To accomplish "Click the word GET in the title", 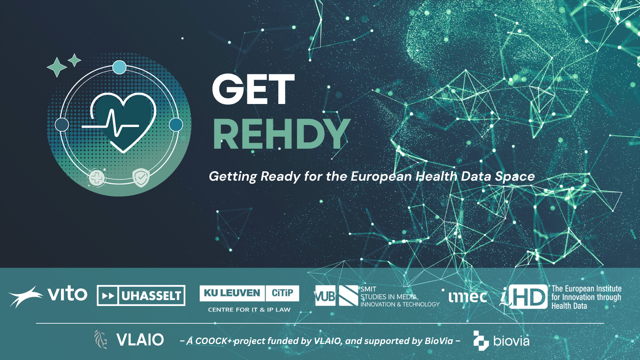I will pyautogui.click(x=253, y=89).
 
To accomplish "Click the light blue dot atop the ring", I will pyautogui.click(x=119, y=67).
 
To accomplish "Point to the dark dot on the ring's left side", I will pyautogui.click(x=62, y=125).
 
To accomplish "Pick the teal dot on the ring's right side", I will pyautogui.click(x=176, y=125).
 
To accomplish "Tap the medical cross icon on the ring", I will pyautogui.click(x=97, y=178).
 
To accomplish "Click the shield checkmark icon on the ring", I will pyautogui.click(x=141, y=177).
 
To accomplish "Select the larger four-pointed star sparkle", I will pyautogui.click(x=57, y=67).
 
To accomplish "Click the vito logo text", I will pyautogui.click(x=67, y=294).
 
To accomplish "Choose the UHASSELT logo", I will pyautogui.click(x=141, y=296).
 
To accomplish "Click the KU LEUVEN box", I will pyautogui.click(x=232, y=293).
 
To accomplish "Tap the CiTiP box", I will pyautogui.click(x=282, y=293).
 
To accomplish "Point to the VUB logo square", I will pyautogui.click(x=325, y=296).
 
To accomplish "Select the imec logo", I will pyautogui.click(x=467, y=297).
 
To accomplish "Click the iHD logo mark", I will pyautogui.click(x=524, y=297).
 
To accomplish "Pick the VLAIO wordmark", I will pyautogui.click(x=140, y=340).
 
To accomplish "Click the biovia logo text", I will pyautogui.click(x=511, y=341).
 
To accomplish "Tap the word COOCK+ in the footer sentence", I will pyautogui.click(x=213, y=341).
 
